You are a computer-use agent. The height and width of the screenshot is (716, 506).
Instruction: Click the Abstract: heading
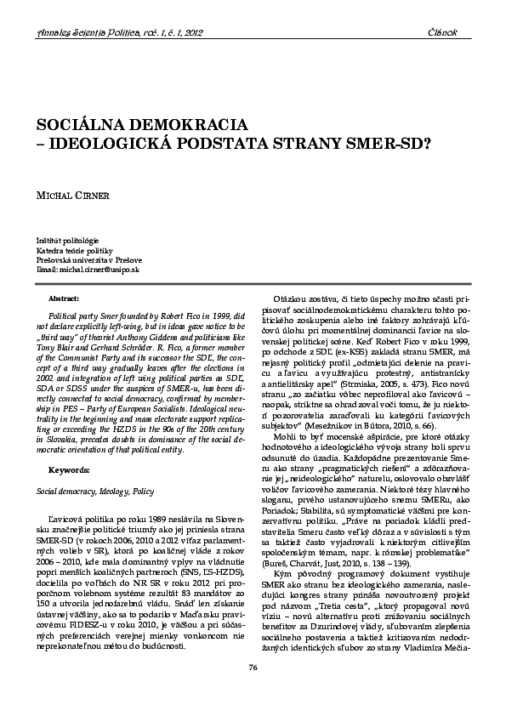(x=65, y=299)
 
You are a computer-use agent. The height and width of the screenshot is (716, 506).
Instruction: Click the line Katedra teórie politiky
(x=75, y=251)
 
